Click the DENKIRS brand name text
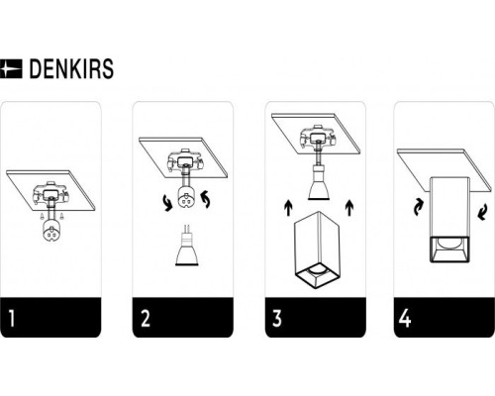(x=71, y=68)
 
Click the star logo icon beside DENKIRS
(x=11, y=68)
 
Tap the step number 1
(x=12, y=318)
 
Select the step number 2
(x=146, y=318)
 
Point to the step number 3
(x=277, y=318)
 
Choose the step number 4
(x=405, y=318)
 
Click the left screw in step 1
(x=42, y=217)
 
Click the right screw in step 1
(x=61, y=217)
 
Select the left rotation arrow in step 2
(x=167, y=203)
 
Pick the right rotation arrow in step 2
(x=206, y=199)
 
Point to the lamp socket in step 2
(x=186, y=197)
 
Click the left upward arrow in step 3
(x=288, y=207)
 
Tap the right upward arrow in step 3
(x=349, y=207)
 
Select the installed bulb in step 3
(x=319, y=182)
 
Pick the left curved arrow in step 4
(x=418, y=207)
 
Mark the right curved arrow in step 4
(x=482, y=212)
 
